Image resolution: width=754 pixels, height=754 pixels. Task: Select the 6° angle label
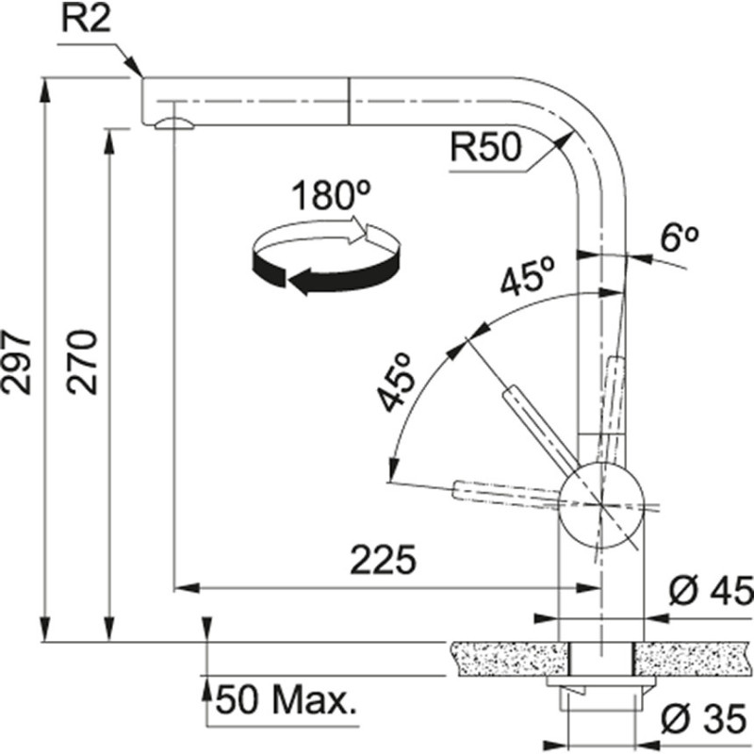click(678, 239)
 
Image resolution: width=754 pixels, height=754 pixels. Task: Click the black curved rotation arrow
click(311, 273)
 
